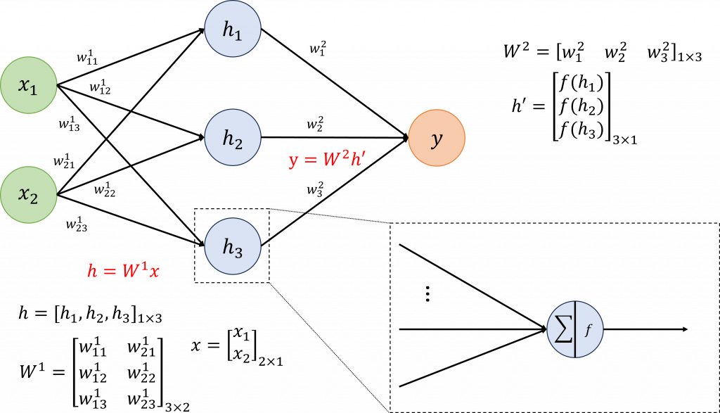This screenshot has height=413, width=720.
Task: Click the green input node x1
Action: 28,86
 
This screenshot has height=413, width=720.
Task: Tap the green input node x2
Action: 28,195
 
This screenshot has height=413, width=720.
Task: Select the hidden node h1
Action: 233,30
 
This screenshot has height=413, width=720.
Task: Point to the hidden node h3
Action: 233,246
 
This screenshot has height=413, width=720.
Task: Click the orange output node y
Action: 437,139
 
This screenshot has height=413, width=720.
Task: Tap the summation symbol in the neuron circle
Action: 562,330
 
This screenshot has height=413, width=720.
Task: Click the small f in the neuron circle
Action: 589,329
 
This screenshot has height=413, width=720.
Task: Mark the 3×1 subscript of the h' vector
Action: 626,139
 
